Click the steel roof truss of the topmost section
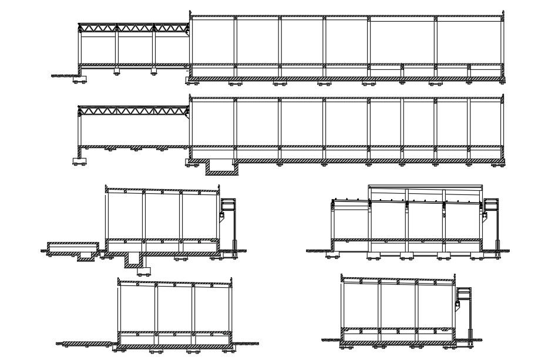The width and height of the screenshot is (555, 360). coord(133,28)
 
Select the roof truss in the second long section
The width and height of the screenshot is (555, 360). coord(133,110)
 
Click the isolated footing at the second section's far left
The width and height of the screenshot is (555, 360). coord(78,161)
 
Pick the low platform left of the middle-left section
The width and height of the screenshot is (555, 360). coord(73,244)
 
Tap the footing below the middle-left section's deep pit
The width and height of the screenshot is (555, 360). coord(144,270)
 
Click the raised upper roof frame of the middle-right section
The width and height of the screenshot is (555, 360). coord(425,189)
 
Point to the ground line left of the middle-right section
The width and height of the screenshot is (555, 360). coord(318,251)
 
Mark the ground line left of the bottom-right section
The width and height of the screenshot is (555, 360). coord(331,339)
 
